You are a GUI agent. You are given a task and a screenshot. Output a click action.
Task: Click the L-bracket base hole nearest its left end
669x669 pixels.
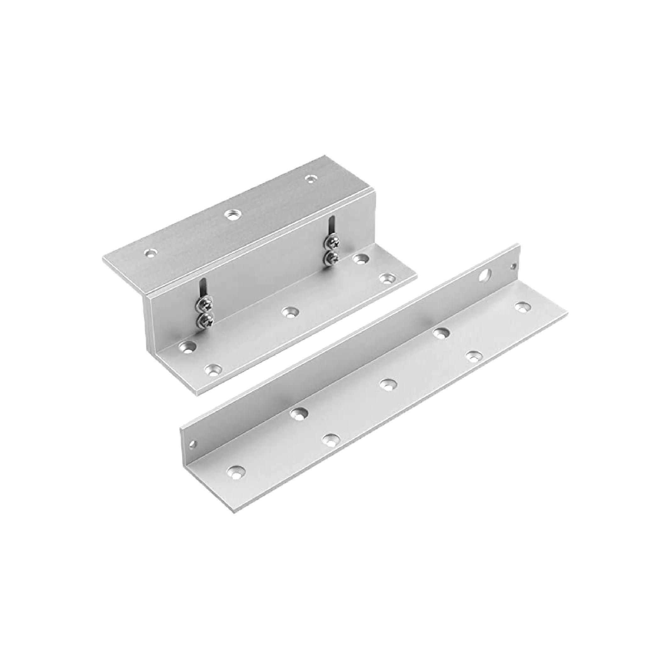point(237,471)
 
